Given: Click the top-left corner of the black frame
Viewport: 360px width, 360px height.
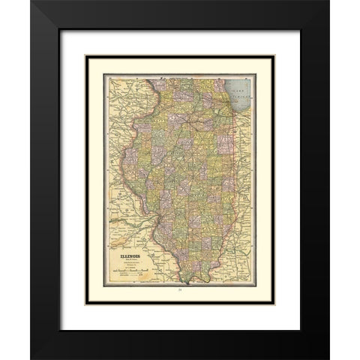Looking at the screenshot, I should point(32,2).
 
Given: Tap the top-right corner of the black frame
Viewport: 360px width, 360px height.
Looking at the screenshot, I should point(328,2).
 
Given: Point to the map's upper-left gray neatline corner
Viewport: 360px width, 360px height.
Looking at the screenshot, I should point(104,74).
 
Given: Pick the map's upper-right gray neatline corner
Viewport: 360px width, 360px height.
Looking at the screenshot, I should point(256,74).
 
